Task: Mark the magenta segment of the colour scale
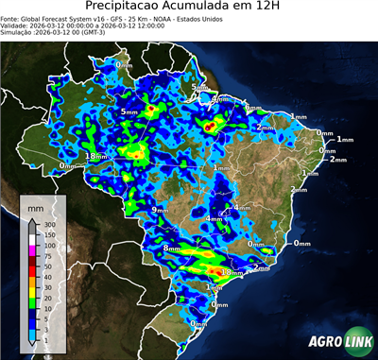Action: [x=32, y=250]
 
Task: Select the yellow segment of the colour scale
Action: [x=32, y=292]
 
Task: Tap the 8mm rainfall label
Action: [x=171, y=248]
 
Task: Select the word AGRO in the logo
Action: [x=320, y=343]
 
